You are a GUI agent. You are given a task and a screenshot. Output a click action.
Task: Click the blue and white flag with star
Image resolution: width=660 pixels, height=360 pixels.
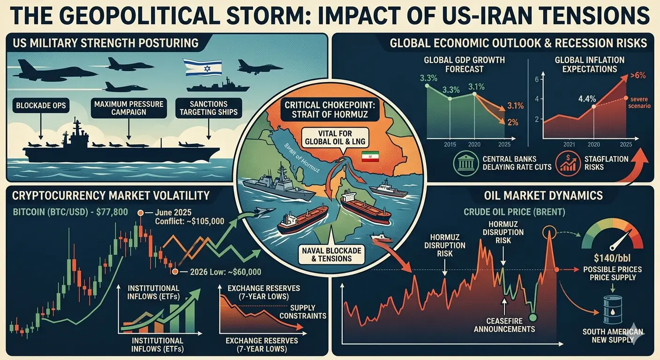[199, 67]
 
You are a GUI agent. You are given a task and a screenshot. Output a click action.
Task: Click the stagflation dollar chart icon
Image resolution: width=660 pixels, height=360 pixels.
[565, 164]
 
